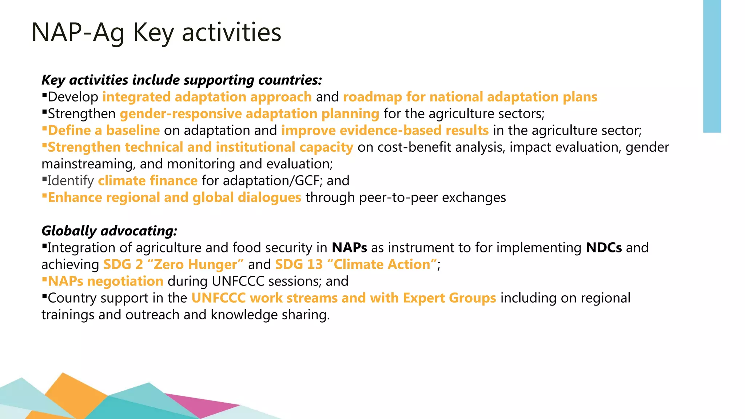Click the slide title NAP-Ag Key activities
[x=156, y=33]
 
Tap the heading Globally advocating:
[x=109, y=231]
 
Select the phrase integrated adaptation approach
[x=207, y=97]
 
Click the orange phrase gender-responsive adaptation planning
[x=250, y=114]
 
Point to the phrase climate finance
[x=148, y=181]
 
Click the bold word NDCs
[x=604, y=248]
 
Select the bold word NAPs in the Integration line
[x=349, y=248]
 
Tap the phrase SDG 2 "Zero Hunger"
[x=174, y=264]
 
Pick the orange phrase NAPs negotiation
[x=105, y=281]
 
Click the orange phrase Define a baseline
[x=104, y=131]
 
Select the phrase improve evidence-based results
[x=385, y=131]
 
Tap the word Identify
[x=71, y=181]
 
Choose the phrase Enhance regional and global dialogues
[x=175, y=197]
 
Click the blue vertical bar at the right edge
[x=712, y=65]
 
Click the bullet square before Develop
[x=44, y=96]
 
